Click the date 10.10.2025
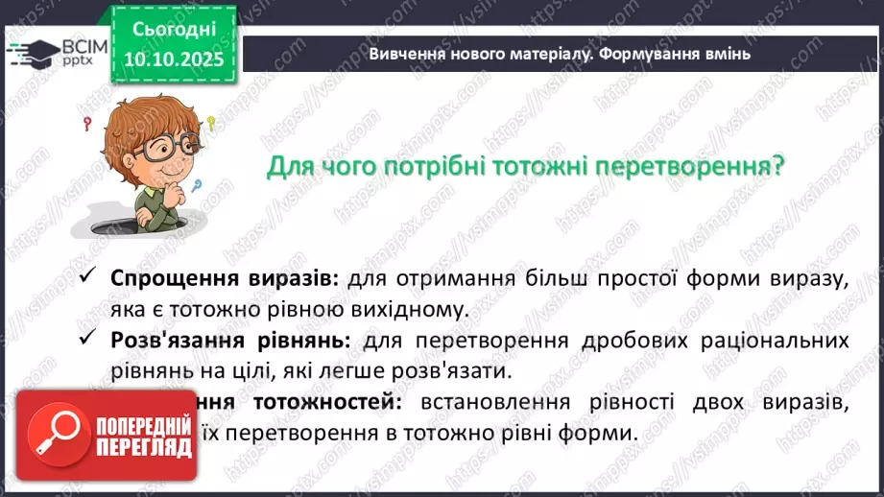coord(175,59)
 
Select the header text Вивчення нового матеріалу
coord(478,54)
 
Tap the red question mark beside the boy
coord(88,123)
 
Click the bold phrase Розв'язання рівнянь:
coord(227,341)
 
